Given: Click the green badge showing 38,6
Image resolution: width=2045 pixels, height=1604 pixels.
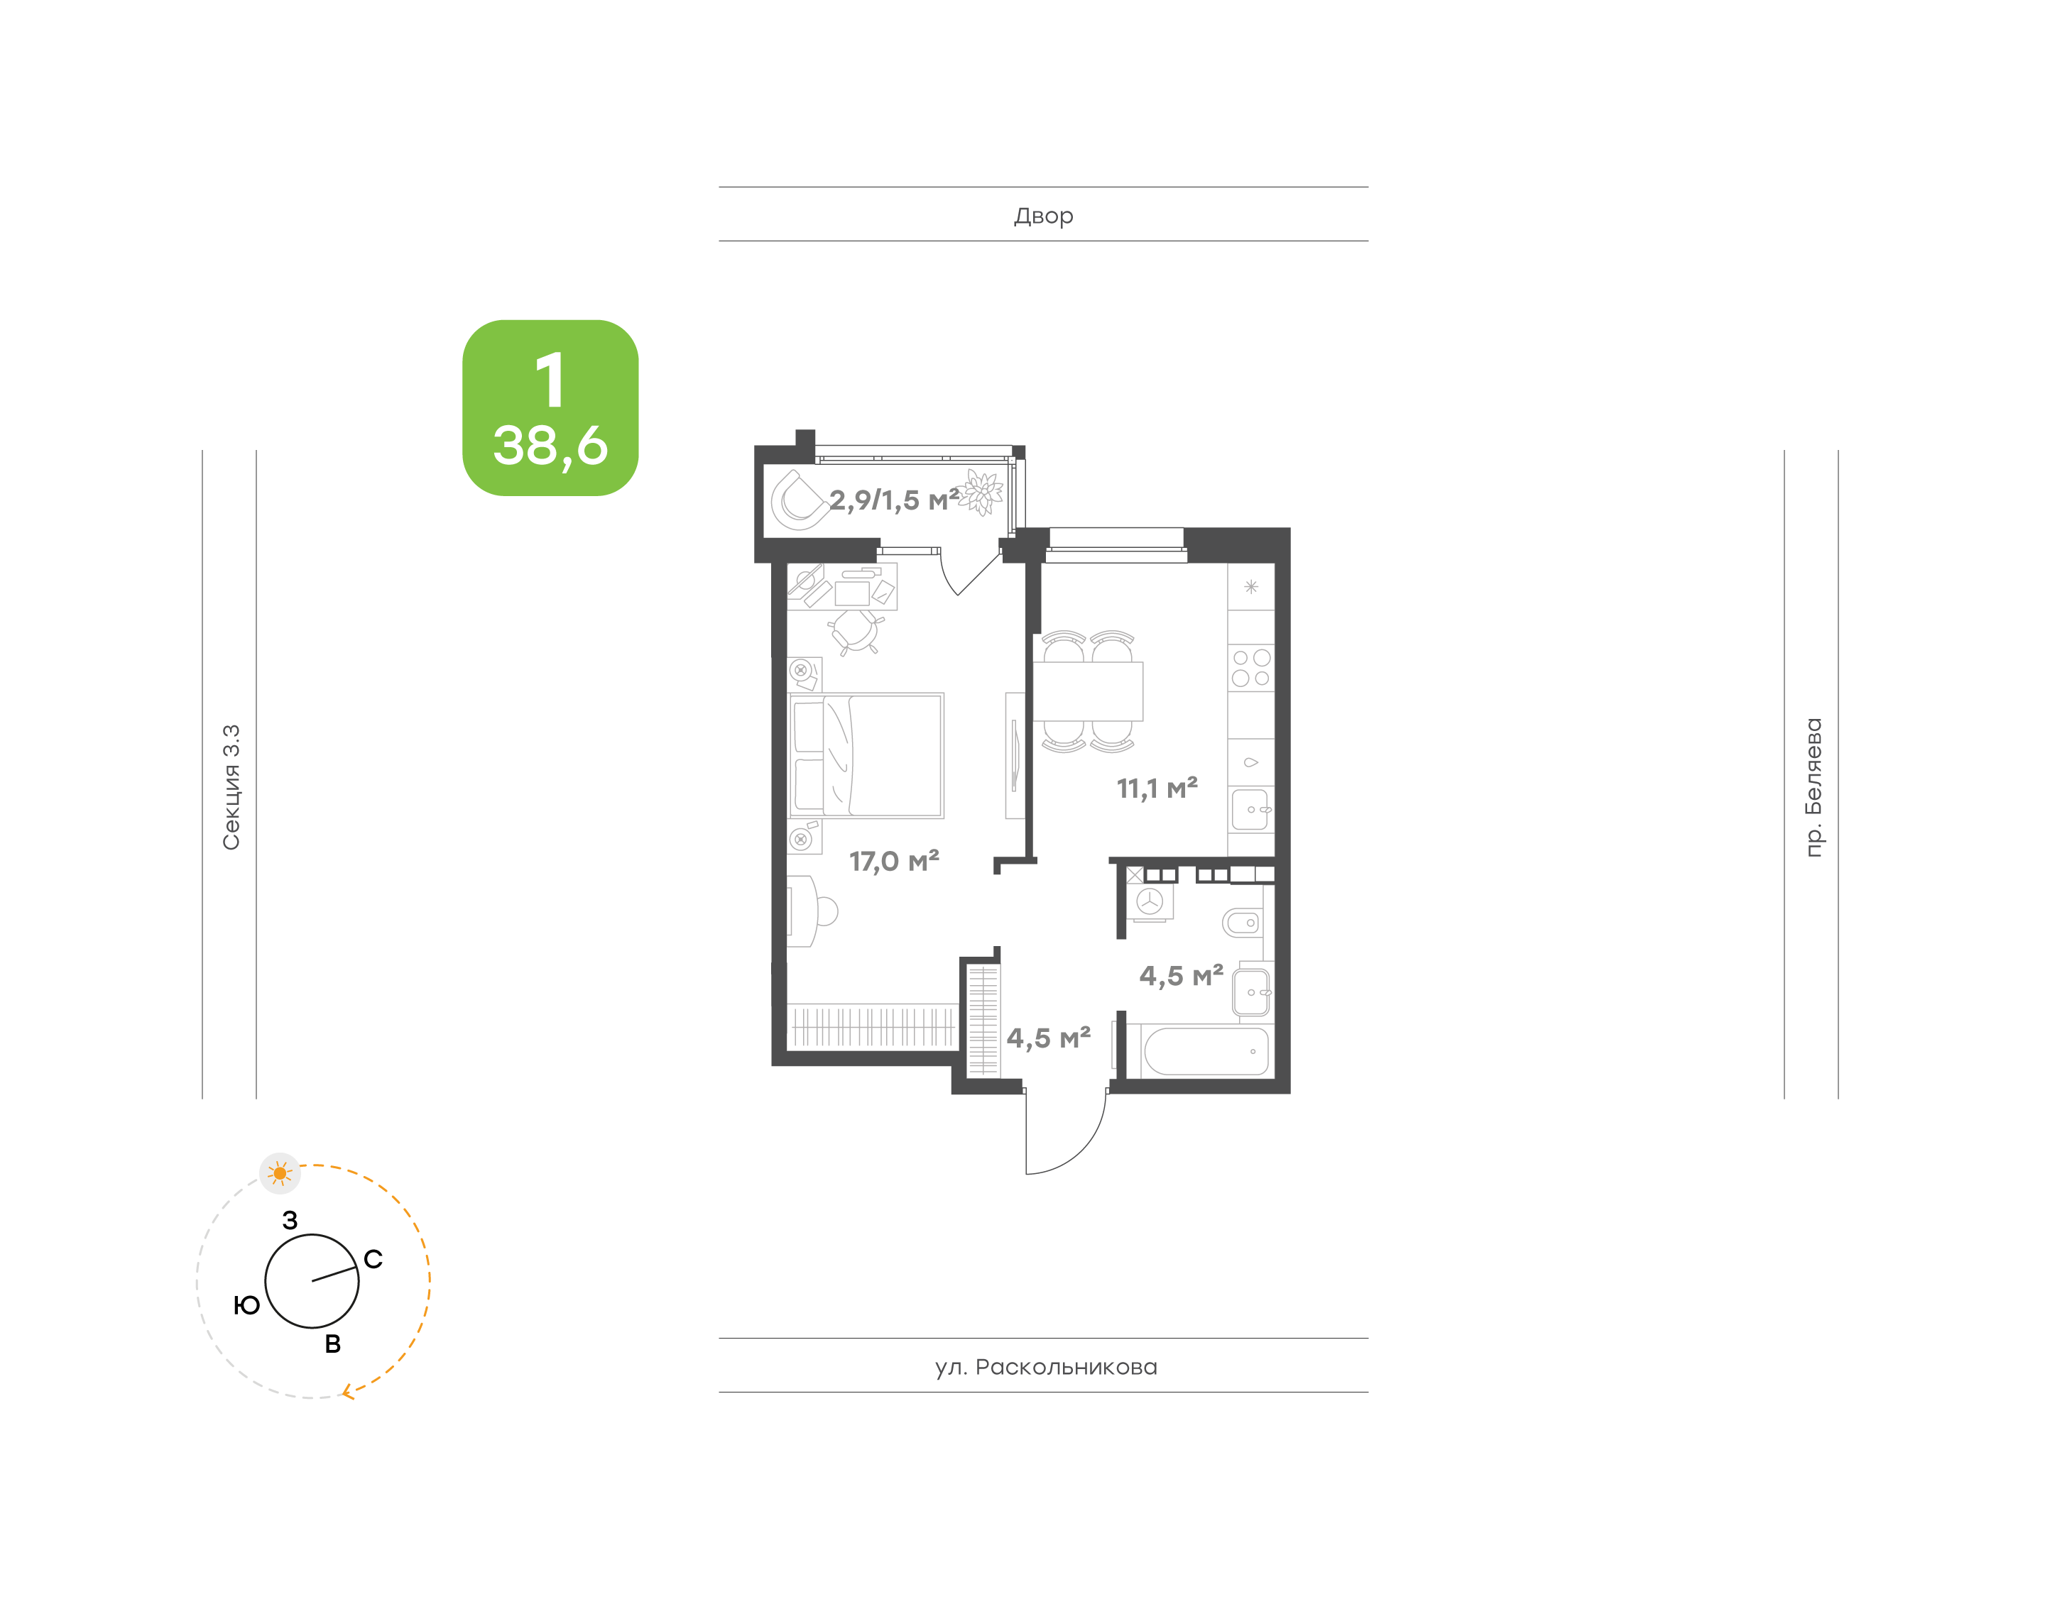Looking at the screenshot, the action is (x=550, y=407).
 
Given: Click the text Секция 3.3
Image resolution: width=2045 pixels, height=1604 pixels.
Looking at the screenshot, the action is (x=231, y=787).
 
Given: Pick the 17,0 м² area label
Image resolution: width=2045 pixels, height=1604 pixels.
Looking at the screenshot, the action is (x=893, y=861).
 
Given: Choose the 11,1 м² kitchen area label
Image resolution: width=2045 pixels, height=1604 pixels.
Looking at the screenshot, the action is (x=1157, y=788).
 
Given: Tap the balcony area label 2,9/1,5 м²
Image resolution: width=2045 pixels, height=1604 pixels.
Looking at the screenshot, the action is (x=893, y=500).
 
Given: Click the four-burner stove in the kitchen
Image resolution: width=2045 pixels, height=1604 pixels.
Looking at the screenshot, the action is (x=1250, y=668).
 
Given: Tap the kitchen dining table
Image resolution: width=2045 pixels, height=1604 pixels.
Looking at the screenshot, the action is (x=1088, y=691).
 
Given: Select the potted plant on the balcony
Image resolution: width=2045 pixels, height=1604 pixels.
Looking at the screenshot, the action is (x=981, y=491).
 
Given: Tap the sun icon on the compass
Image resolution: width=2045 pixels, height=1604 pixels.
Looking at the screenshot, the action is (x=280, y=1173).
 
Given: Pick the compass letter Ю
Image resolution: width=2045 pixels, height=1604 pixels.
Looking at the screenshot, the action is (x=246, y=1305).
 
